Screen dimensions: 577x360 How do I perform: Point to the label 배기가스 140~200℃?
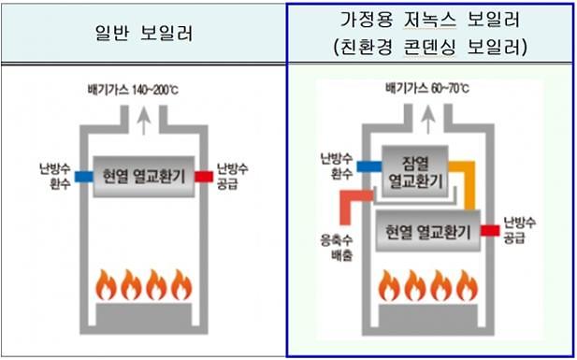tap(140, 91)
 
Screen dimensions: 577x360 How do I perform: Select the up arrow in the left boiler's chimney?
tap(141, 118)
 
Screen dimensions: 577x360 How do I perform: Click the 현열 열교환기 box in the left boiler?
tap(144, 175)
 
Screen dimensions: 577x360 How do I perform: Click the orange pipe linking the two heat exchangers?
tap(469, 187)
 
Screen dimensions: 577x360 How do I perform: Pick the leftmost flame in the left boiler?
tap(105, 282)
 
